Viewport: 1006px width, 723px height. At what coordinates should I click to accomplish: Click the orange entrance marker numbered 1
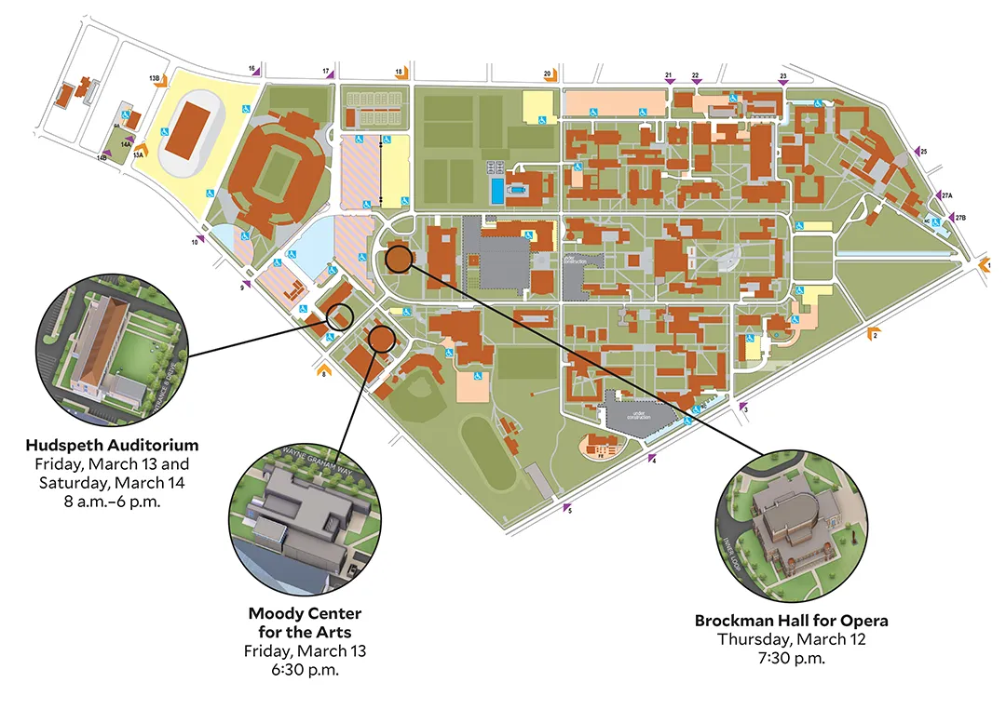[x=984, y=266]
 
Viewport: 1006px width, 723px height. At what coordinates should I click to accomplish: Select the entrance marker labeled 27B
[x=950, y=217]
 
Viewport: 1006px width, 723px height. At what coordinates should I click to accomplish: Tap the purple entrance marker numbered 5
[x=565, y=507]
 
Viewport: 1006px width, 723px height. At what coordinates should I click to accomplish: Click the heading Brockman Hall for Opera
[x=791, y=621]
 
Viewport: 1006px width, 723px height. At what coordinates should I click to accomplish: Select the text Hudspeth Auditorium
[x=112, y=445]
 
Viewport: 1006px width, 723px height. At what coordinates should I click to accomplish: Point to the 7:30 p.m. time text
[x=791, y=658]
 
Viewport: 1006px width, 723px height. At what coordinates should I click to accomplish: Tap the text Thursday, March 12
[x=791, y=639]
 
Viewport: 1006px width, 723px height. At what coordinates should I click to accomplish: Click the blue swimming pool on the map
[x=498, y=192]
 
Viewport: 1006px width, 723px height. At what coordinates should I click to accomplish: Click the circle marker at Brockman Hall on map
[x=399, y=259]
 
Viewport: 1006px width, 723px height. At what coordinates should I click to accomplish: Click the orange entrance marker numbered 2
[x=872, y=333]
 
